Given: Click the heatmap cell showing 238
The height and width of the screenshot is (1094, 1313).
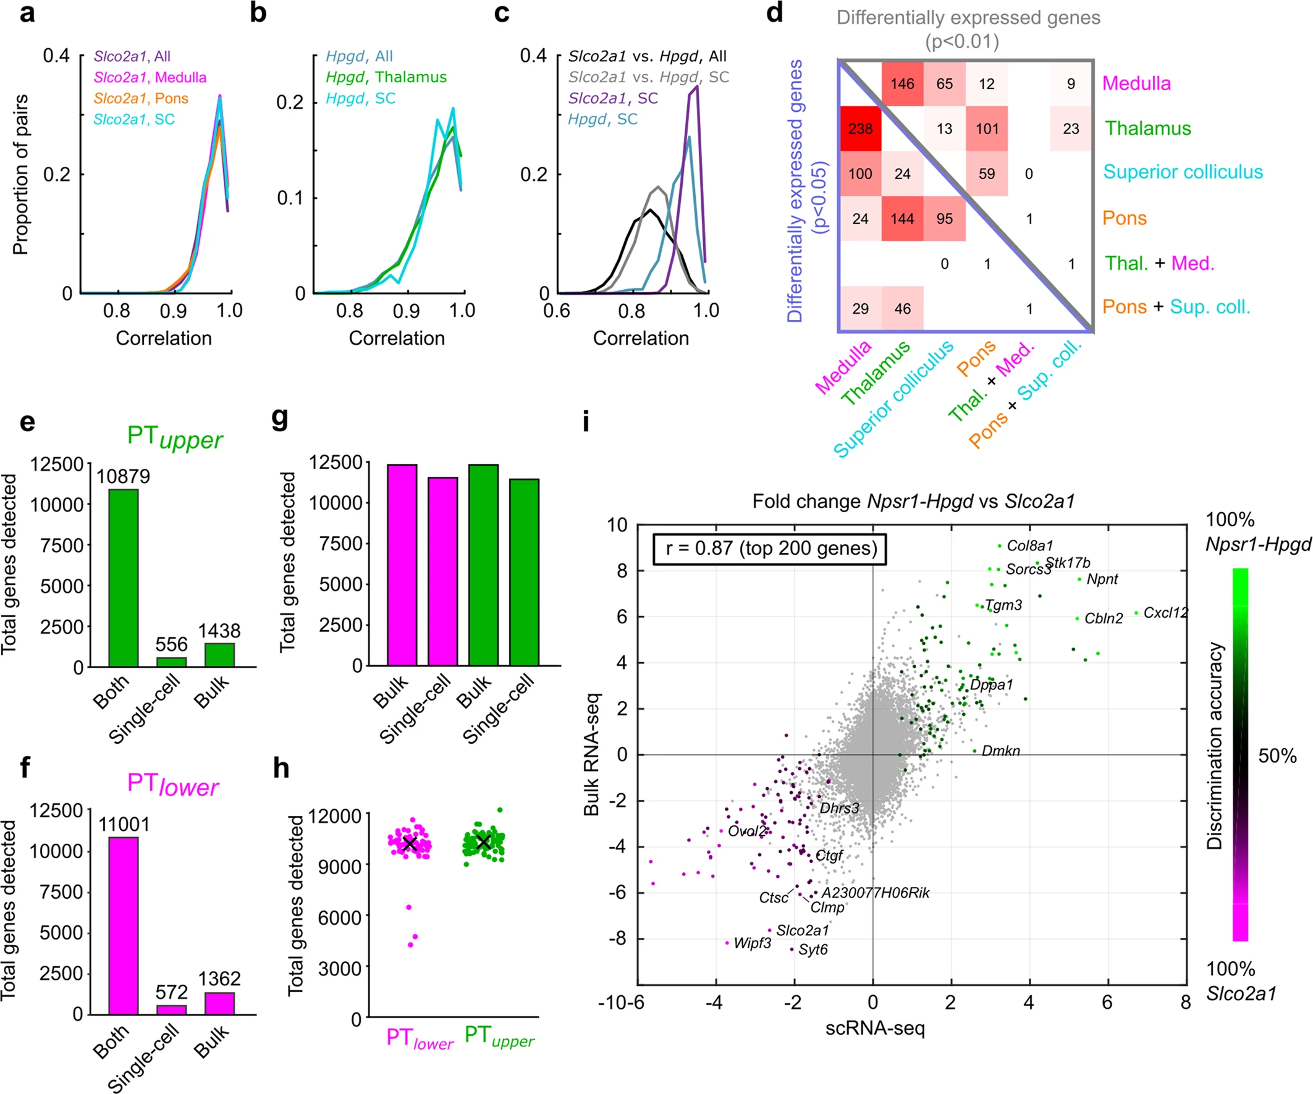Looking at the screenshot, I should click(859, 128).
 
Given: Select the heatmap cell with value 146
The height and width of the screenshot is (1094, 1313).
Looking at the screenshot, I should click(902, 84).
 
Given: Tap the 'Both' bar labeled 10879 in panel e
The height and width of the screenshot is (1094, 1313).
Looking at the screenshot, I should click(123, 578).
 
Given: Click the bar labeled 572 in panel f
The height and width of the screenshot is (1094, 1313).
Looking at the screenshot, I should click(171, 1009).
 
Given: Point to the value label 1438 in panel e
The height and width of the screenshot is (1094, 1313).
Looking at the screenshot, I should click(219, 631).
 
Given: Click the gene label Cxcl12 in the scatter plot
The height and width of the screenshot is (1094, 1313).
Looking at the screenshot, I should click(1165, 613).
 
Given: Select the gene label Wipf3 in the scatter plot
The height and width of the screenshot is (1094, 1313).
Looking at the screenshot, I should click(752, 943).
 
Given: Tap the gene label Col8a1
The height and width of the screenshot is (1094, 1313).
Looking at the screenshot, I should click(1030, 545).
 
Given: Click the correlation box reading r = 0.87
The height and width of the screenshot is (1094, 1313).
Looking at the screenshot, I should click(770, 549).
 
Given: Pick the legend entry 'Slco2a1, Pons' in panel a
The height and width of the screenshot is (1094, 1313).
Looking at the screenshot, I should click(141, 98).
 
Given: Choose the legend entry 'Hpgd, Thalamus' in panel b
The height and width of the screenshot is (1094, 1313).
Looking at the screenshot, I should click(386, 77).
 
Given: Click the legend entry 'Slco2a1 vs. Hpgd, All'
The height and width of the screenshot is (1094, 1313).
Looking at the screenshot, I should click(647, 56).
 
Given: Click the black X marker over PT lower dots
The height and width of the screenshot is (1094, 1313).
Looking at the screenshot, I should click(410, 844).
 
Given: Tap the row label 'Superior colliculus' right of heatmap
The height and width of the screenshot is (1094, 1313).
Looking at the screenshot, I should click(1183, 172).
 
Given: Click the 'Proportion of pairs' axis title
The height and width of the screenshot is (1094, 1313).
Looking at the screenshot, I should click(20, 174).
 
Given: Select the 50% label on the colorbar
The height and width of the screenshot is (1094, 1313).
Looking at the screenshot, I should click(1277, 756).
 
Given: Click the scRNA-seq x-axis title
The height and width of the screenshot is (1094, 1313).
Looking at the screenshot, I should click(875, 1028).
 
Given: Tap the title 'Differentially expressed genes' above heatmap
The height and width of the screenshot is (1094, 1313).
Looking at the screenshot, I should click(968, 17).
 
